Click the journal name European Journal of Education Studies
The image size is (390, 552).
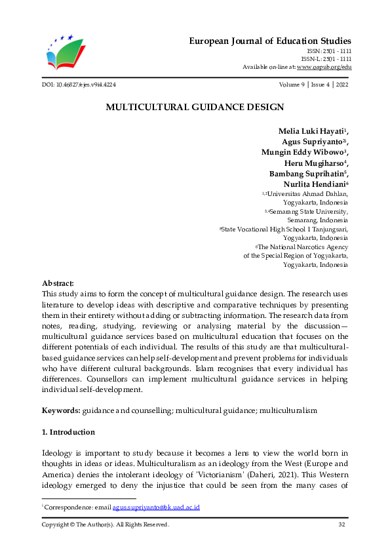270,41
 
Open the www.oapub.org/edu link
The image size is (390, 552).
324,67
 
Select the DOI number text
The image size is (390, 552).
79,85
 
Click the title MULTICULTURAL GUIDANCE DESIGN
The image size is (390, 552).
195,107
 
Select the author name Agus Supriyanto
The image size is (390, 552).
311,142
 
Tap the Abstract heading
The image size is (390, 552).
58,283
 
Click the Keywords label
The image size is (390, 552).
61,410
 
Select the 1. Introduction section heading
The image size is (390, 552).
68,432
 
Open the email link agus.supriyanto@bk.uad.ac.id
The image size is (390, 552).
156,507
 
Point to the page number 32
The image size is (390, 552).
341,524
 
